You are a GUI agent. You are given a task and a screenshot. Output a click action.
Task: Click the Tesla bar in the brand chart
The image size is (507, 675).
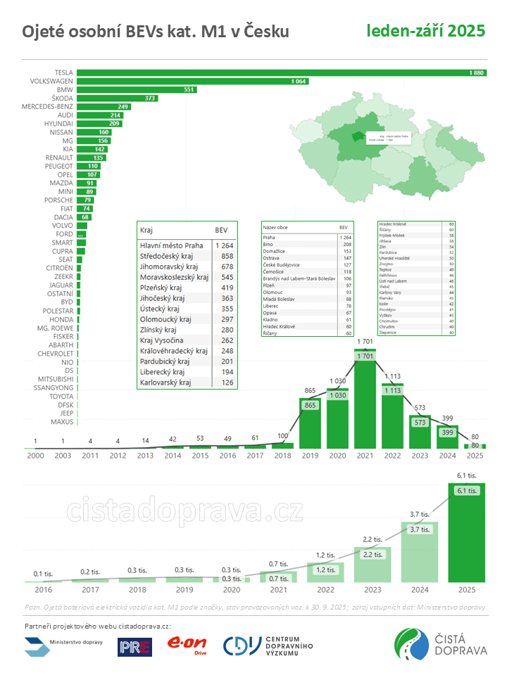tap(282, 72)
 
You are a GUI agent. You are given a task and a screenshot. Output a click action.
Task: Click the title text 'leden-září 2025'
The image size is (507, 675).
tap(425, 30)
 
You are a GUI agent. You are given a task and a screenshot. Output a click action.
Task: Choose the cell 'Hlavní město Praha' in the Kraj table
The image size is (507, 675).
tap(172, 245)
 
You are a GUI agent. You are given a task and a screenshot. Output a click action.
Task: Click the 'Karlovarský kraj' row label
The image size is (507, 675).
tap(165, 382)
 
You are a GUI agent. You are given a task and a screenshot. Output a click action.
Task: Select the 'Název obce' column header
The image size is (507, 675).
tap(277, 228)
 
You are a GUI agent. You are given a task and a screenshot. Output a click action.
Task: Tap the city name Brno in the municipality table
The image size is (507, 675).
tap(269, 245)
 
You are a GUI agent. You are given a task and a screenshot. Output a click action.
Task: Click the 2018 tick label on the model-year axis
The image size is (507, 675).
tap(283, 456)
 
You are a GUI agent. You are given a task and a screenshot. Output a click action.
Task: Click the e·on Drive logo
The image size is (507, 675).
tap(186, 645)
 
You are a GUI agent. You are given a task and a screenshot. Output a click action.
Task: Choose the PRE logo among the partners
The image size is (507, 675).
tap(134, 646)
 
